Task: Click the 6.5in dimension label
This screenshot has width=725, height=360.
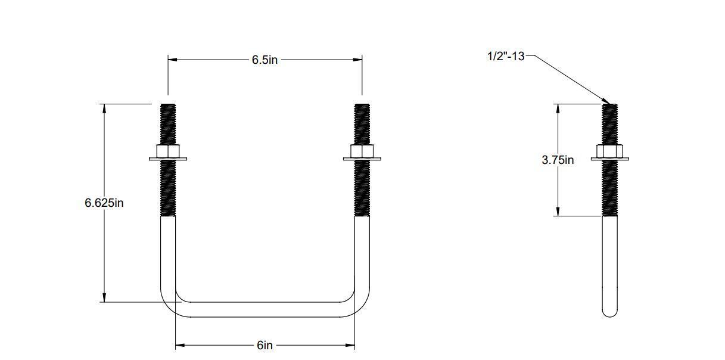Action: coord(265,60)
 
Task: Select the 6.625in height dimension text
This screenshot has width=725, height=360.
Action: coord(104,203)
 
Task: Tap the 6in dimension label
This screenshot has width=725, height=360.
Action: coord(265,345)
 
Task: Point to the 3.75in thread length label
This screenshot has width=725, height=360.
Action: coord(558,160)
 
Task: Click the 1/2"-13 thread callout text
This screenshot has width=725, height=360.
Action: coord(506,56)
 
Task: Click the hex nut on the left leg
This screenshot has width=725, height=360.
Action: coord(168,151)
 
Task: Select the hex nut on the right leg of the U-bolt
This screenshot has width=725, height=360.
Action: coord(362,151)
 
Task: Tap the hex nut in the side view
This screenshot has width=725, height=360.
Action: coord(609,151)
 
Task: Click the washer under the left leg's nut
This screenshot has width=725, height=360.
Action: coord(168,159)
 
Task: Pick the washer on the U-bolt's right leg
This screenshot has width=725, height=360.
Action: coord(362,159)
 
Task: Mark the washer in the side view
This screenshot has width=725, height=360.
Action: coord(609,159)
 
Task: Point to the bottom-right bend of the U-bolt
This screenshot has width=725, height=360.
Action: coord(359,304)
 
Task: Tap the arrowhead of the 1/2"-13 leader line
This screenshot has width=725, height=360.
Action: coord(606,101)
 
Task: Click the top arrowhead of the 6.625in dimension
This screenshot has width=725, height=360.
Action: coord(104,108)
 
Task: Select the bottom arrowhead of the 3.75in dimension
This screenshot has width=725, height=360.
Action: coord(558,212)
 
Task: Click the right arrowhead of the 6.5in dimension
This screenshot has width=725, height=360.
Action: coord(358,60)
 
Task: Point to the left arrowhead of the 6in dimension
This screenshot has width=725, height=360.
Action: coord(179,345)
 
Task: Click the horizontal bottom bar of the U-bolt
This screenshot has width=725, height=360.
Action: coord(265,309)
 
